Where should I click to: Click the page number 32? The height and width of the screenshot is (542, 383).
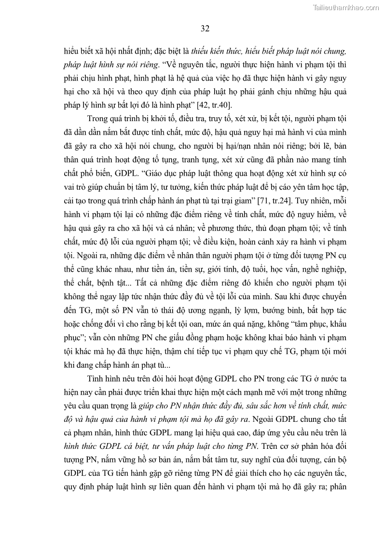[x=205, y=28]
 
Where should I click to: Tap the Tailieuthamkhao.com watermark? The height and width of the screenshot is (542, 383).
[x=346, y=7]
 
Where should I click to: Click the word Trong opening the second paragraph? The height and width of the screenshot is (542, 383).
[x=97, y=119]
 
